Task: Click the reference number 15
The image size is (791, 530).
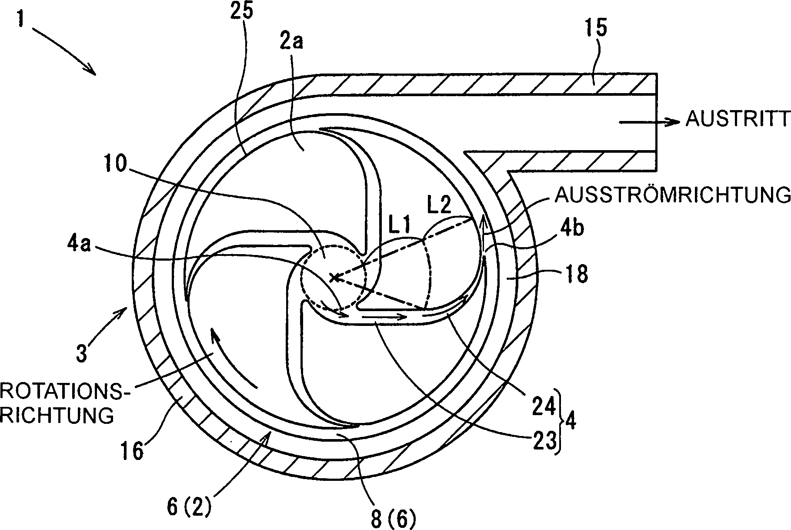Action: (596, 29)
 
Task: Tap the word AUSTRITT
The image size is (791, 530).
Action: (737, 119)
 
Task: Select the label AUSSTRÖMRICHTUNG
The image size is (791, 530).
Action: (672, 195)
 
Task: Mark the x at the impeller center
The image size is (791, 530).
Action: (333, 277)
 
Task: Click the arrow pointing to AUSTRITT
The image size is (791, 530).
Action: (648, 123)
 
